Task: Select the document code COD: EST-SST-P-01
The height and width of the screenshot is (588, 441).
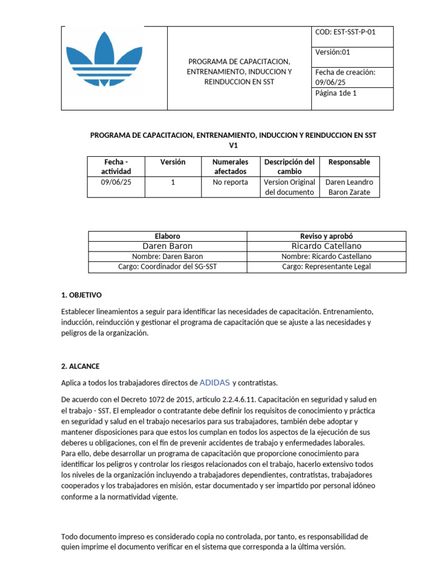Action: (345, 32)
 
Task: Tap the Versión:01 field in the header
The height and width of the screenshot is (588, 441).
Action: (332, 52)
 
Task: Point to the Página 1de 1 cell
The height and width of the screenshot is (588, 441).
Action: (336, 93)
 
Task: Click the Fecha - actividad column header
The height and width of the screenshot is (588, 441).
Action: (116, 167)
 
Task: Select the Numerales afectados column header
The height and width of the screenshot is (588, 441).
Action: (231, 167)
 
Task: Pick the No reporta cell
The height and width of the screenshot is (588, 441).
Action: (231, 182)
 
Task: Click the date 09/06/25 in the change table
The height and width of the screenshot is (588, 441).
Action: (116, 182)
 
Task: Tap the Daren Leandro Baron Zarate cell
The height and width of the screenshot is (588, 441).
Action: (349, 187)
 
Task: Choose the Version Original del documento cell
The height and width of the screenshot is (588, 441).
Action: (289, 187)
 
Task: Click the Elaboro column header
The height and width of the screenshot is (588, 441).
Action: (167, 236)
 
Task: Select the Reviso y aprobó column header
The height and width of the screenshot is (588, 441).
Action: (326, 236)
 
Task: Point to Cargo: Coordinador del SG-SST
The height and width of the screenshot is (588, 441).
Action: (167, 267)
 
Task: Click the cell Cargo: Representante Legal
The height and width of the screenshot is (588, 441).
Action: (326, 267)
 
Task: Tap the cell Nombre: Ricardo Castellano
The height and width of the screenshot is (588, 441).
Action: (326, 257)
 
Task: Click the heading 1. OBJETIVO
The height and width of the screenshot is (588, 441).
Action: (81, 295)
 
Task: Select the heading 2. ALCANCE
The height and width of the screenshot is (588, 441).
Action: (80, 366)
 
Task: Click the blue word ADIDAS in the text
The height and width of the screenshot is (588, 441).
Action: (214, 382)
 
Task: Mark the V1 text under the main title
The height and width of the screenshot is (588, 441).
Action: (233, 146)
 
